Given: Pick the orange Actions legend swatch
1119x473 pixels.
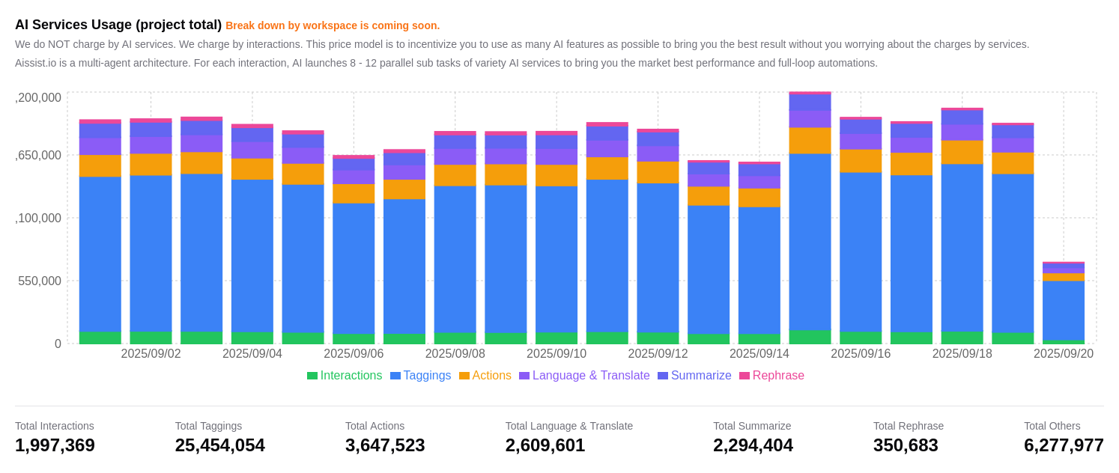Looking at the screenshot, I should click(x=464, y=376).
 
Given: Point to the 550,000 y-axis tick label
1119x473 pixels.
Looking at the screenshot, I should click(x=40, y=281).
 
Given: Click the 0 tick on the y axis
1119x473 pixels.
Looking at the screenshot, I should click(x=58, y=344).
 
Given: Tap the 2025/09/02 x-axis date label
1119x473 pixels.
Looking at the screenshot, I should click(x=151, y=354).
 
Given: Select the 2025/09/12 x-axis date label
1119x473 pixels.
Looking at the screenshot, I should click(x=658, y=354).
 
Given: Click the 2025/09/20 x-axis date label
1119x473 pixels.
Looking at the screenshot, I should click(x=1063, y=354).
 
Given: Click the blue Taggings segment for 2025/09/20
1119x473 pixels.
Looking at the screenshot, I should click(x=1063, y=310).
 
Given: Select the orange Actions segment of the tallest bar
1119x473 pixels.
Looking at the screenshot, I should click(x=810, y=141).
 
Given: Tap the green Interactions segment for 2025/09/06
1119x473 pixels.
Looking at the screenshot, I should click(x=354, y=339).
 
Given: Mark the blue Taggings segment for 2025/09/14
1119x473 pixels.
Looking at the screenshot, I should click(x=759, y=269).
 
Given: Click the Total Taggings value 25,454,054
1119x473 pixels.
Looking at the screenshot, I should click(x=219, y=445).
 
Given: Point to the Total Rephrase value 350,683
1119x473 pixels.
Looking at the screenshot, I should click(x=906, y=445).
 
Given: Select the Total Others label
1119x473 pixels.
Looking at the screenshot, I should click(x=1052, y=426).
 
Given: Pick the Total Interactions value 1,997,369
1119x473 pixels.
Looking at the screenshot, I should click(x=55, y=445).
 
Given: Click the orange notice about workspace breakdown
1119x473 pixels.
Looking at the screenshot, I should click(x=333, y=25).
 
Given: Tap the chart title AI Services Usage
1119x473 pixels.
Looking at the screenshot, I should click(x=118, y=25).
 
